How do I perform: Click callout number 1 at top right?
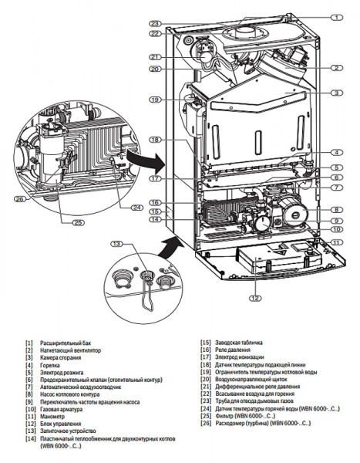[x=336, y=16]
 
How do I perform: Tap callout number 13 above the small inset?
[x=117, y=244]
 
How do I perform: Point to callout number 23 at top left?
[x=154, y=22]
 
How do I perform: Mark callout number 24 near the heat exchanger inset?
[x=136, y=207]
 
